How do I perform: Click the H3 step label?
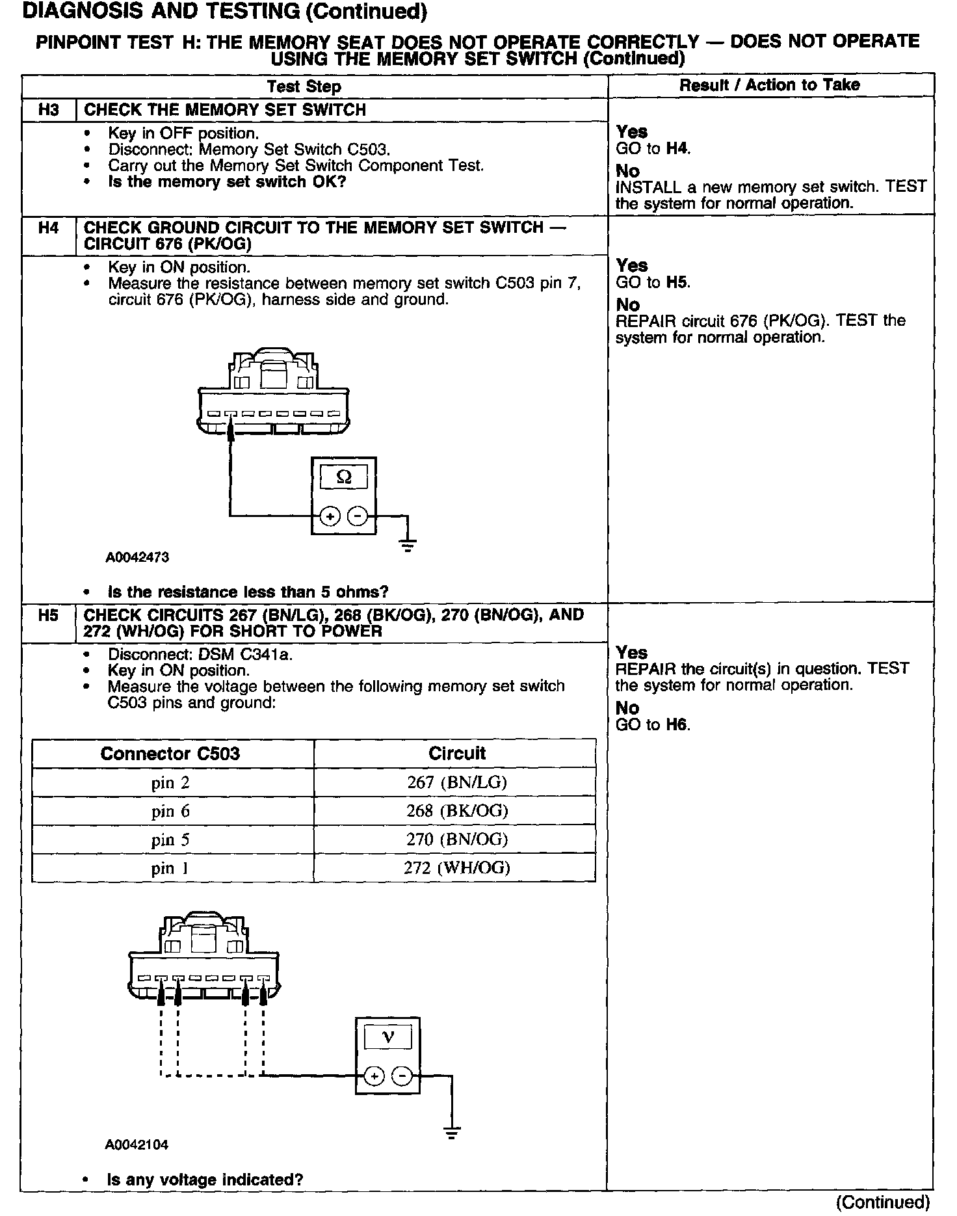pos(49,110)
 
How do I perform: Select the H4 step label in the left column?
pos(49,228)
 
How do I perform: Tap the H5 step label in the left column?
pos(49,615)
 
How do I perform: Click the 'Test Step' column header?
pos(304,86)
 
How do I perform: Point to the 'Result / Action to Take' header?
pos(769,85)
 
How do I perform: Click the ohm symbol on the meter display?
pos(344,478)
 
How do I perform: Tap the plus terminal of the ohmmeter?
pos(330,516)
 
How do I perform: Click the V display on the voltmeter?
pos(388,1037)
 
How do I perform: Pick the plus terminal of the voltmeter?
pos(374,1076)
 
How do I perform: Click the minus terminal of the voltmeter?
pos(402,1076)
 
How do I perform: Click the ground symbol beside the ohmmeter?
pos(408,545)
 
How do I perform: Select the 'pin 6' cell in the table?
pos(170,811)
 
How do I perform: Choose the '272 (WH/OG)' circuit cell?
pos(456,867)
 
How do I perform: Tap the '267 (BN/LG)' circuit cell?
pos(456,782)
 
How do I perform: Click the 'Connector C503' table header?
pos(170,754)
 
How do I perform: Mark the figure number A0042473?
pos(138,557)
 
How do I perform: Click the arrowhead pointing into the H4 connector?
pos(229,430)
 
